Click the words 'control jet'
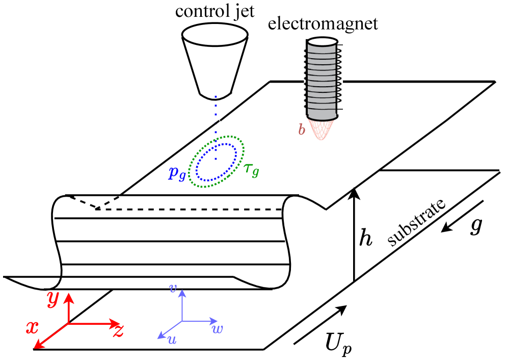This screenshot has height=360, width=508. pos(215,11)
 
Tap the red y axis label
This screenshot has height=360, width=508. pos(52,300)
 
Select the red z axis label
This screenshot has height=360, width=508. pos(118,331)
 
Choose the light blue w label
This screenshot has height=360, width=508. pos(217,329)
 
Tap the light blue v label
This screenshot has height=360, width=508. pos(173,289)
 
